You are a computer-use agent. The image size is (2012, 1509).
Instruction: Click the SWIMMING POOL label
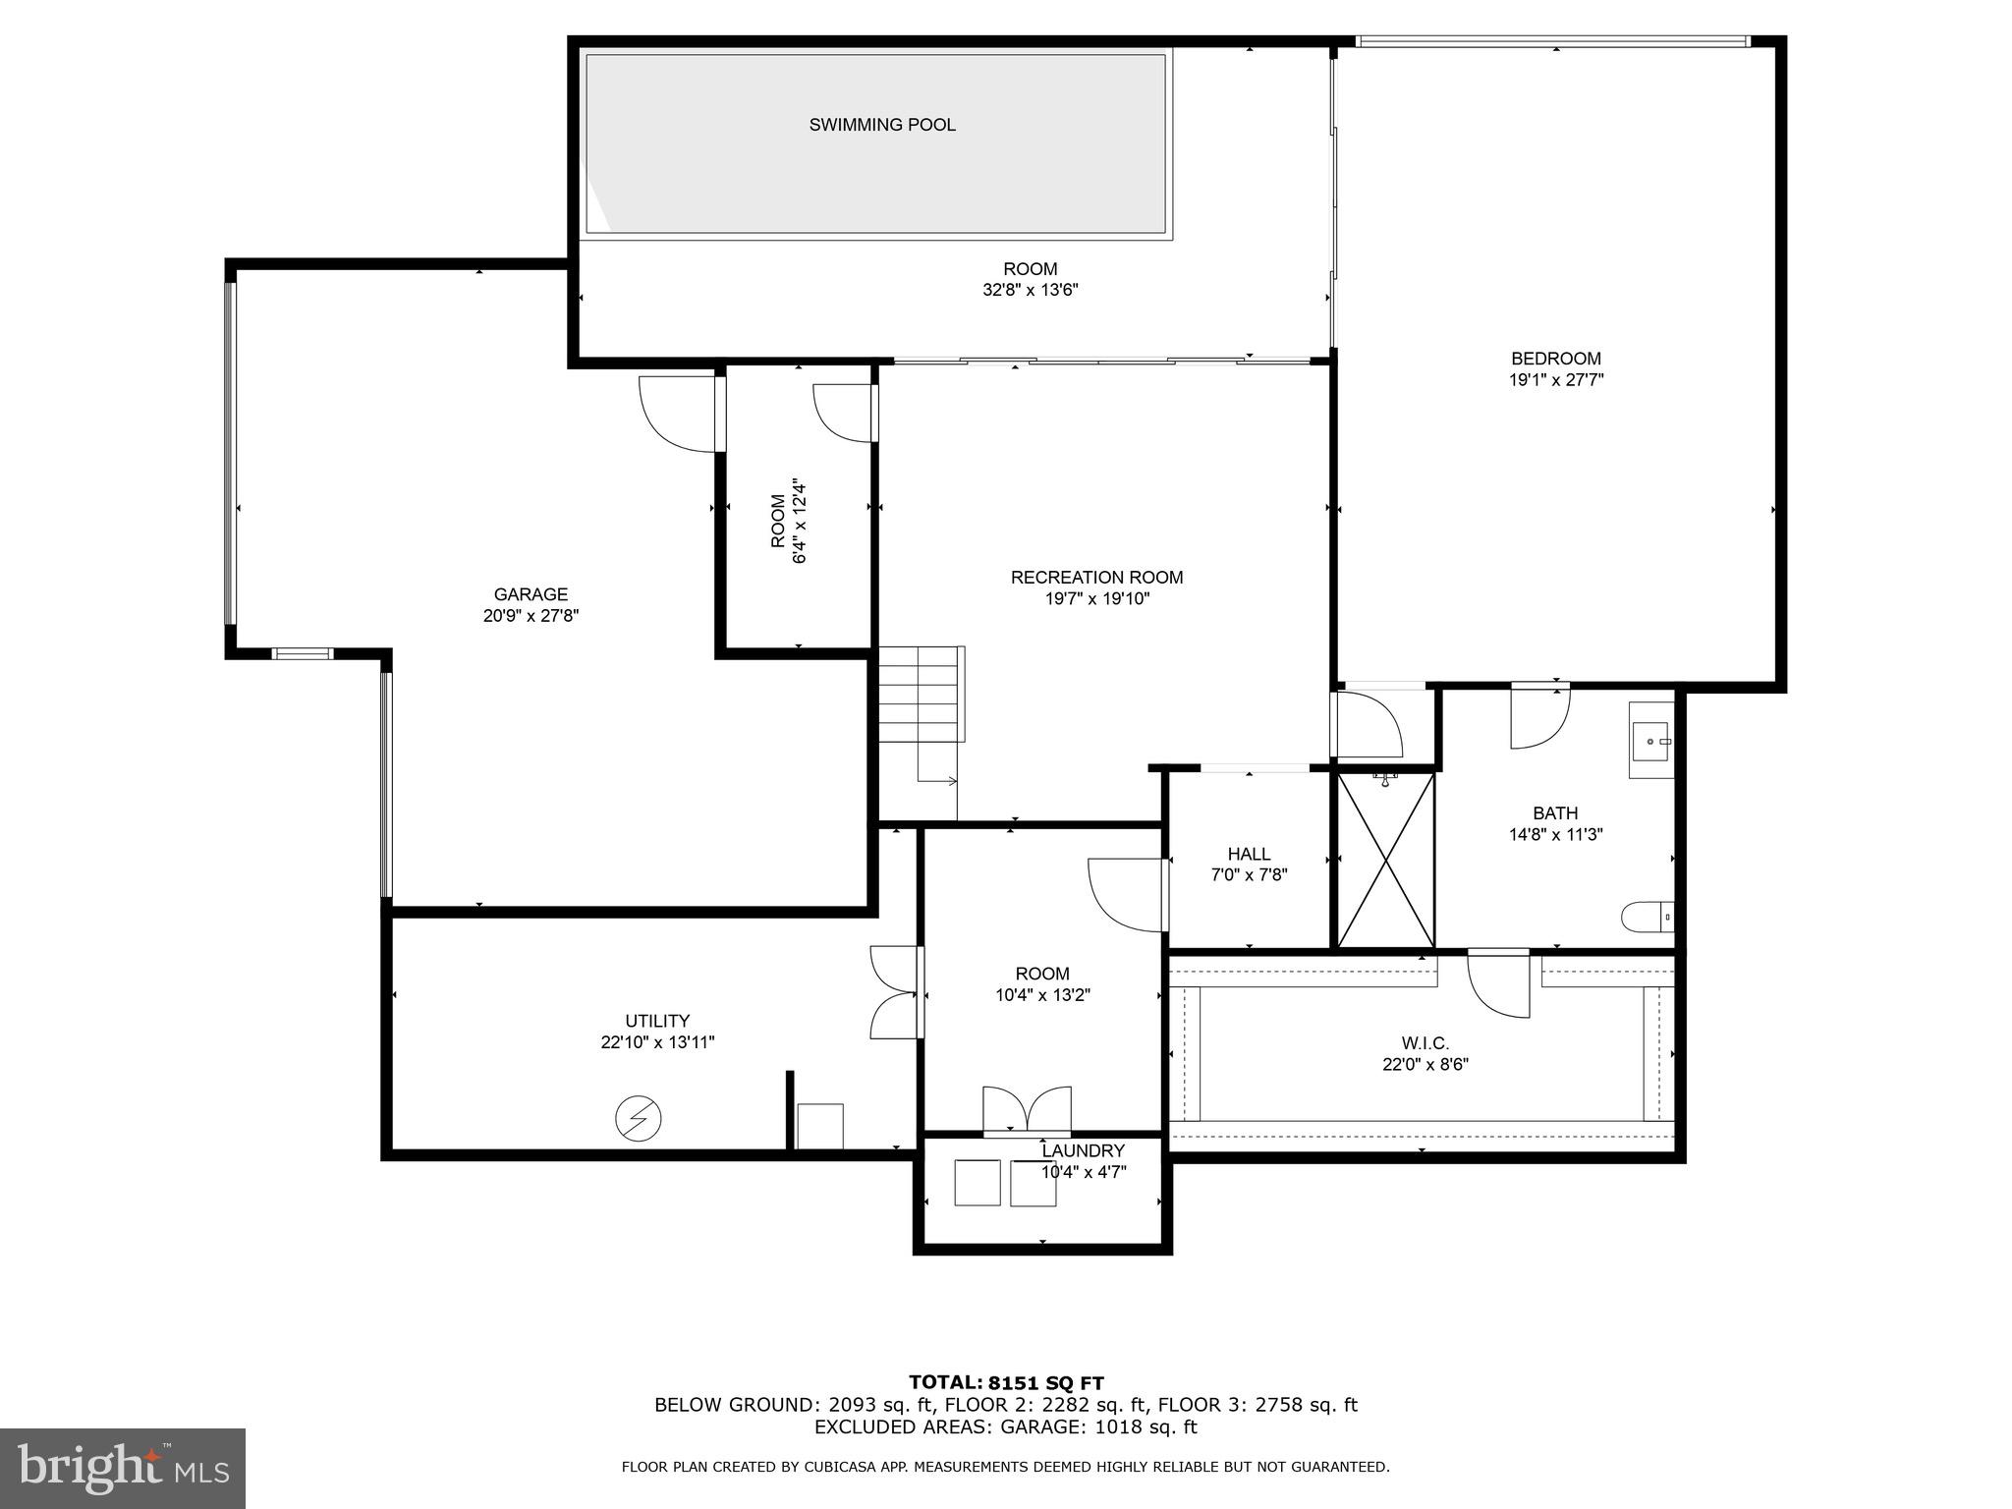pos(881,125)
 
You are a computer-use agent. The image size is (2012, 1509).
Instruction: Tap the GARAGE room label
pos(531,594)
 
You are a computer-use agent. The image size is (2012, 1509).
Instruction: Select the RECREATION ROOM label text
pos(1096,578)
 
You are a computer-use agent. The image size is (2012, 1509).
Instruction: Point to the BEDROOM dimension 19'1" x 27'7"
pos(1555,380)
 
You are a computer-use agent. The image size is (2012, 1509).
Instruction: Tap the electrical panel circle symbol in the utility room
pos(638,1118)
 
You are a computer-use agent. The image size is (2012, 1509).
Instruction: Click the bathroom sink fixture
pos(1650,740)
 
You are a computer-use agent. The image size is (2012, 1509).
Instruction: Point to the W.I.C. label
pos(1425,1043)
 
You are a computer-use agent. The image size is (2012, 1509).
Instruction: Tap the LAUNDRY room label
pos(1083,1150)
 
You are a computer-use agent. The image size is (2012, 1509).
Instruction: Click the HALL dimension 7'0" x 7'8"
pos(1249,875)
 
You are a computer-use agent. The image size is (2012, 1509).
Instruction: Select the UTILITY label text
pos(657,1021)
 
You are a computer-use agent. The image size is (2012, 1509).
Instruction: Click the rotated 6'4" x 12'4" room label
pos(789,521)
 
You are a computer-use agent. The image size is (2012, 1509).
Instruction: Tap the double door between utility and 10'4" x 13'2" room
pos(896,992)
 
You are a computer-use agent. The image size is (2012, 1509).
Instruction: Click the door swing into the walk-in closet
pos(1497,986)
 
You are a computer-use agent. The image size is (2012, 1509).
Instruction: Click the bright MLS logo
pos(123,1467)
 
